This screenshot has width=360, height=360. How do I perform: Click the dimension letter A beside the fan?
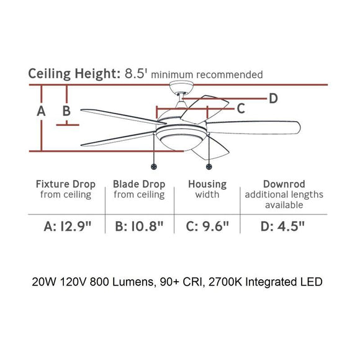tap(41, 111)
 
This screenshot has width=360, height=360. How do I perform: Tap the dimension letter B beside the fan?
tap(66, 110)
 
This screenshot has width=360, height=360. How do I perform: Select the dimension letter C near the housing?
tap(241, 109)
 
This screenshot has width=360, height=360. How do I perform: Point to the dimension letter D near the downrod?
tap(273, 98)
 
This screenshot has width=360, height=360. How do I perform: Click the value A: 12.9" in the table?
tap(68, 226)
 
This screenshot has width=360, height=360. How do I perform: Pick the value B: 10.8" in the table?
tap(139, 226)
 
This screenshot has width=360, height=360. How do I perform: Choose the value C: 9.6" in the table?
tap(207, 226)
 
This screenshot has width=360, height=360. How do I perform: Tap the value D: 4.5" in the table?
tap(282, 226)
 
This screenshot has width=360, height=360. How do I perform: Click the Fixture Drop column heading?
tap(66, 184)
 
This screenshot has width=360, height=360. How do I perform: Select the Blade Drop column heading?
tap(139, 184)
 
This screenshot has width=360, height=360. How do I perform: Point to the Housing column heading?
tap(207, 184)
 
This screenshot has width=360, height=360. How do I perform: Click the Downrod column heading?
tap(284, 184)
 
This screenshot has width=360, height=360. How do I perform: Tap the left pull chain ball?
tap(154, 167)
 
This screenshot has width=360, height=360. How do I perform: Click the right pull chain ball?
tap(209, 167)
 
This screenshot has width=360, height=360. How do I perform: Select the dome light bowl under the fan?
tap(181, 142)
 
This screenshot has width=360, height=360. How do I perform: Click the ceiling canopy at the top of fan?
tap(181, 88)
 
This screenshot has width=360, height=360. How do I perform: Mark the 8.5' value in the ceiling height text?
tap(135, 74)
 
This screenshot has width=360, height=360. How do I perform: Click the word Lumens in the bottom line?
tap(133, 282)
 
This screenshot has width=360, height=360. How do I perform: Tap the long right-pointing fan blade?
tap(253, 127)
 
